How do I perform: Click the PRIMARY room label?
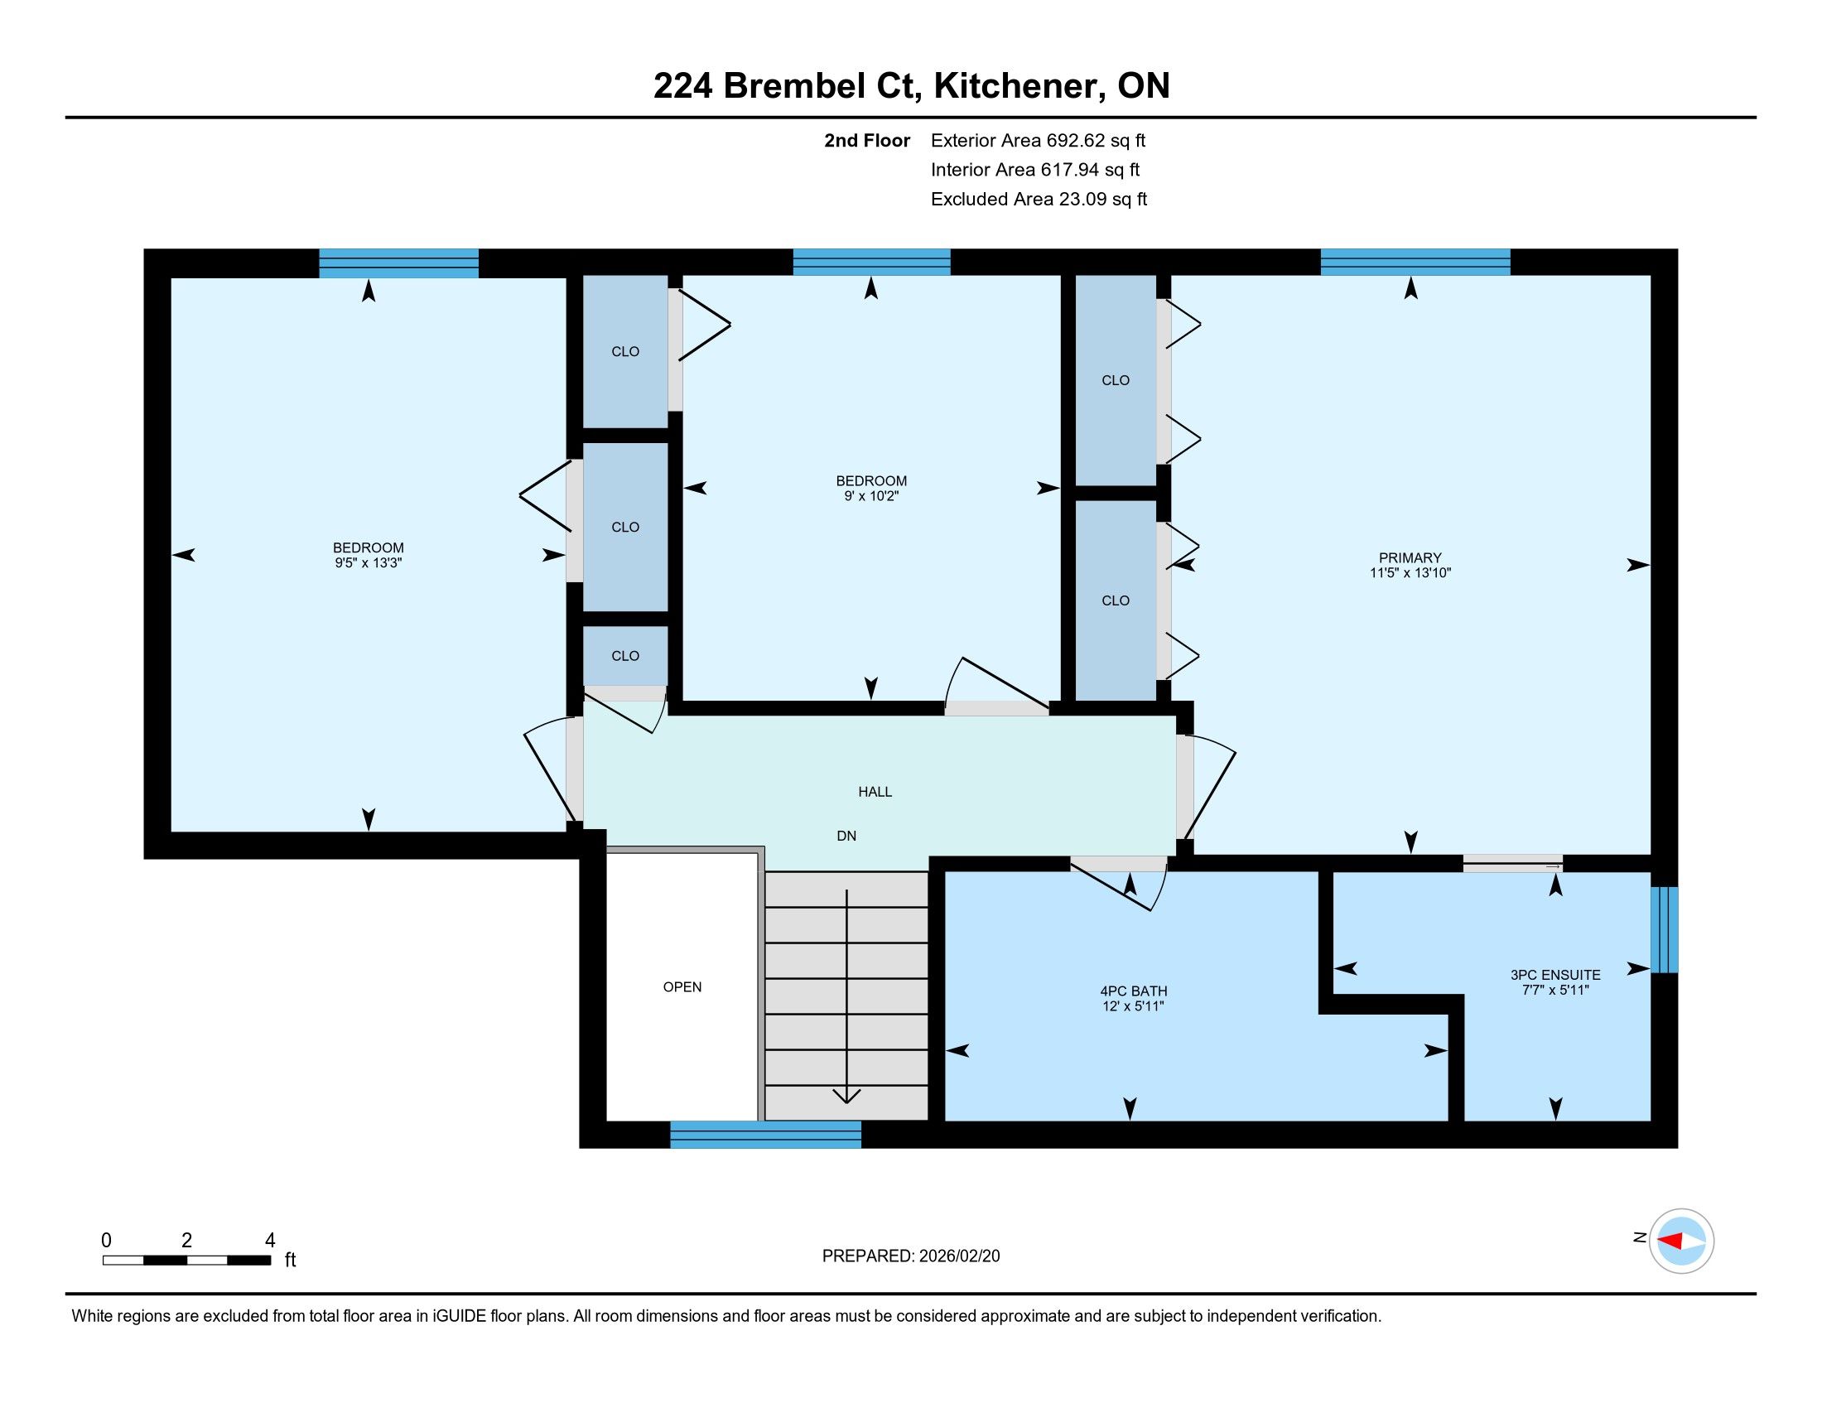pyautogui.click(x=1410, y=557)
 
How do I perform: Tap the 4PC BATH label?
pyautogui.click(x=1133, y=991)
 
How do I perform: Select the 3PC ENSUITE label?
pyautogui.click(x=1555, y=974)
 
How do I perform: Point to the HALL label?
pyautogui.click(x=875, y=792)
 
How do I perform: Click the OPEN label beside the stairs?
pyautogui.click(x=682, y=986)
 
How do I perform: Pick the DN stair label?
pyautogui.click(x=846, y=836)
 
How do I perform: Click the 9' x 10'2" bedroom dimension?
pyautogui.click(x=871, y=496)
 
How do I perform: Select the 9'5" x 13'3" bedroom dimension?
pyautogui.click(x=368, y=563)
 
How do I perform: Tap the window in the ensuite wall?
pyautogui.click(x=1664, y=929)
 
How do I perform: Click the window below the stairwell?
pyautogui.click(x=765, y=1135)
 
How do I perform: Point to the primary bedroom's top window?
pyautogui.click(x=1415, y=262)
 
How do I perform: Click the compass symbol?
pyautogui.click(x=1681, y=1242)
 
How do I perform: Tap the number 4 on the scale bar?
pyautogui.click(x=269, y=1241)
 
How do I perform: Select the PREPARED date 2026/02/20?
pyautogui.click(x=957, y=1256)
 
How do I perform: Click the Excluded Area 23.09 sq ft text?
pyautogui.click(x=1039, y=200)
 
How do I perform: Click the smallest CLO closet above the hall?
pyautogui.click(x=624, y=656)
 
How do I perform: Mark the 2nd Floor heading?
pyautogui.click(x=867, y=141)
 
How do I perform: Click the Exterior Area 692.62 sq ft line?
pyautogui.click(x=1039, y=141)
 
